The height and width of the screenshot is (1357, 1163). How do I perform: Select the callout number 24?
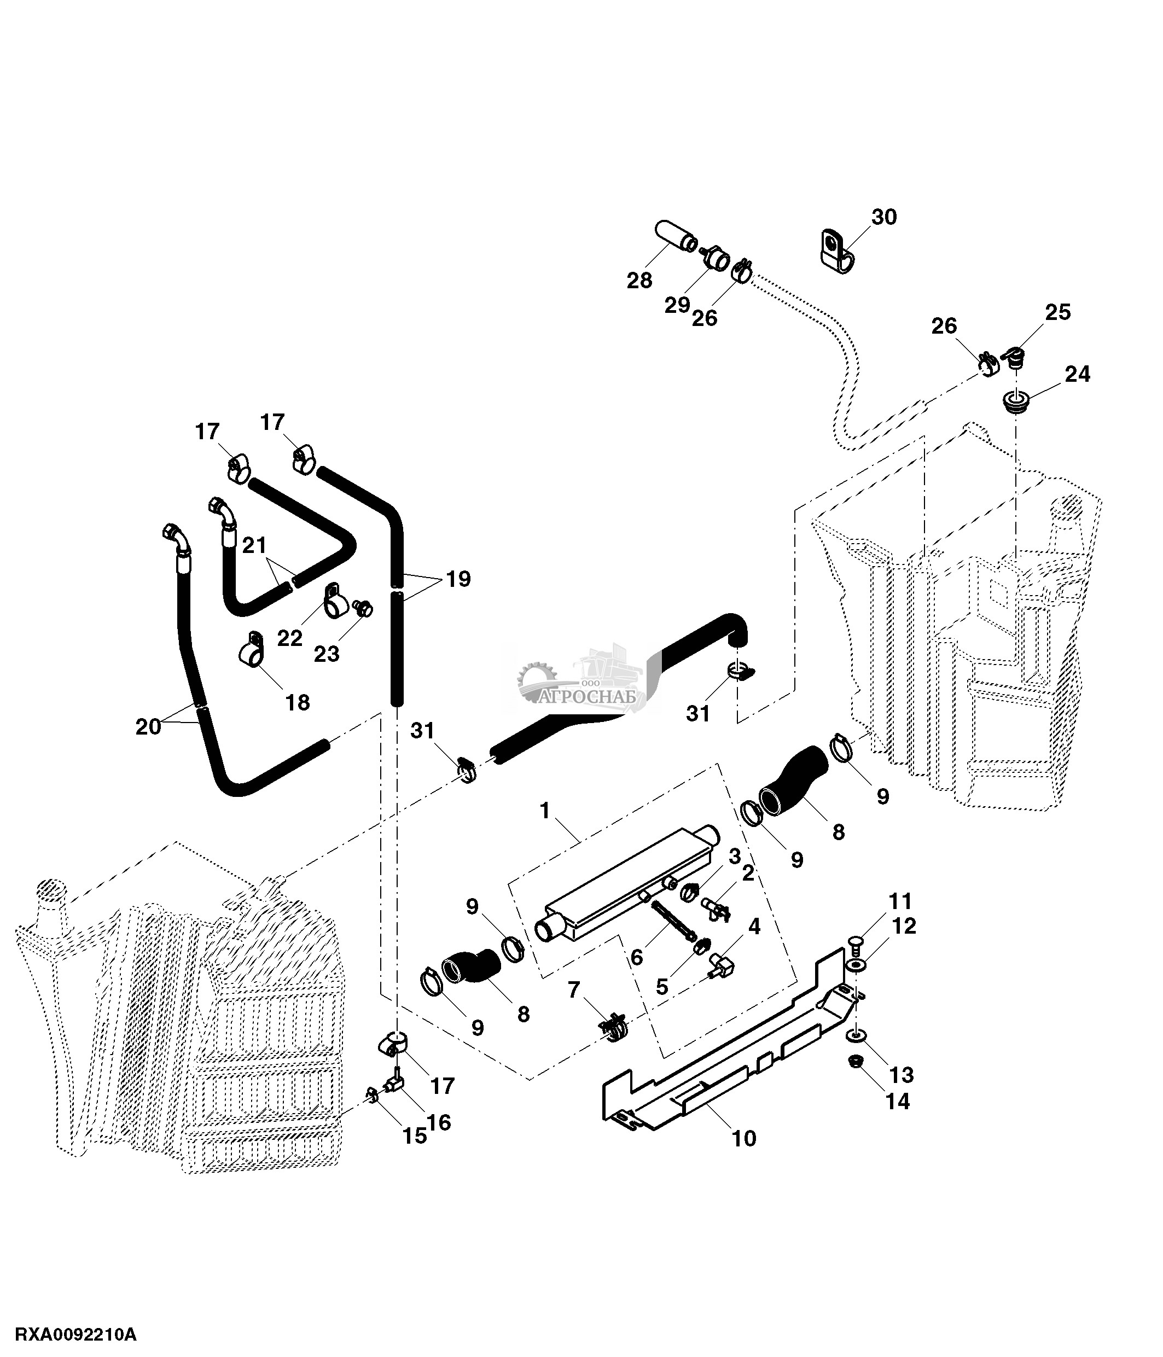1077,374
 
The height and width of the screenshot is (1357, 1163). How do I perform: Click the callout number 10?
744,1139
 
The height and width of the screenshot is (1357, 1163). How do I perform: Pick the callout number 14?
898,1102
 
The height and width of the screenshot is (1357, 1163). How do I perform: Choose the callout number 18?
297,703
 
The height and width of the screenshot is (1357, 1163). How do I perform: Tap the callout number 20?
148,727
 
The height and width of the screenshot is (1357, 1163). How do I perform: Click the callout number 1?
545,811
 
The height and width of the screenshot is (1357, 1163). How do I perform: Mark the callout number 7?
574,989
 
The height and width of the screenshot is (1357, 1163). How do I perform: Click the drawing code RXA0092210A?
76,1335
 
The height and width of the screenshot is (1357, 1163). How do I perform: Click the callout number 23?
326,654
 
